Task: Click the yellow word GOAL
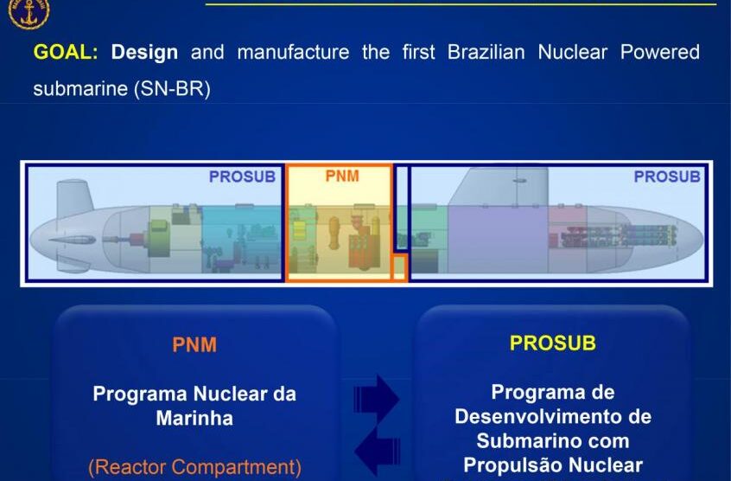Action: click(x=66, y=52)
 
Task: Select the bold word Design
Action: click(x=144, y=53)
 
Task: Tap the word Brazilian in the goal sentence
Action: click(x=486, y=52)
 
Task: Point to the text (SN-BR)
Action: click(x=172, y=88)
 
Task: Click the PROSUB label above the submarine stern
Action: click(x=242, y=176)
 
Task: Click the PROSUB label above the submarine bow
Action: click(x=667, y=176)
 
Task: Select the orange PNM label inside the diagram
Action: click(x=342, y=176)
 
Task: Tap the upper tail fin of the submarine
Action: click(x=73, y=197)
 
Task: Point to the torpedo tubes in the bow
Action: click(x=618, y=236)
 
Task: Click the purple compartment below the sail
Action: click(x=498, y=239)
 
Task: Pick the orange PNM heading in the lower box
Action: click(x=194, y=345)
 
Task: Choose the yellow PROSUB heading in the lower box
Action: click(x=552, y=343)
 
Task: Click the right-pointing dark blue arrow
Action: click(x=376, y=400)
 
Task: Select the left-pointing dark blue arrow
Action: click(x=377, y=451)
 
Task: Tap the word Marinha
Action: click(x=194, y=418)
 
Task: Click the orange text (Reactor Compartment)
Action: click(x=195, y=467)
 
